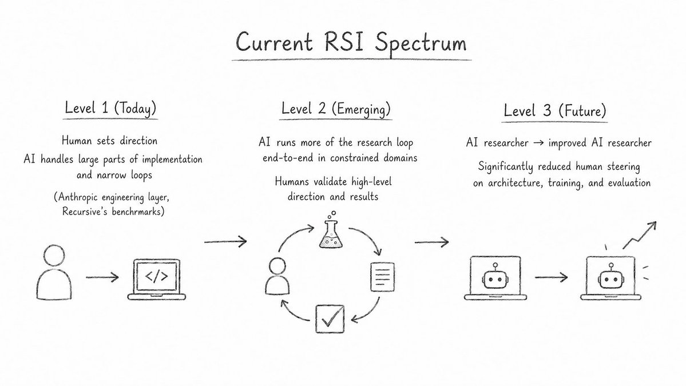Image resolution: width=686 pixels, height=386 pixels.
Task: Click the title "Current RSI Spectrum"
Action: [x=351, y=43]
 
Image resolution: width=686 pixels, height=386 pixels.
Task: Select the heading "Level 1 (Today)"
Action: [x=110, y=108]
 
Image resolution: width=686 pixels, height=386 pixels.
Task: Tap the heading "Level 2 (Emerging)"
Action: [x=336, y=109]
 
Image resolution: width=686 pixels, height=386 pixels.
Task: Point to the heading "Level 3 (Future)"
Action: [x=555, y=110]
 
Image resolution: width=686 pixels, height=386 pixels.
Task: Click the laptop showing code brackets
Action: [x=157, y=279]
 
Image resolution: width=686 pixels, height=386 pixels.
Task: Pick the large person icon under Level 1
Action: [x=54, y=272]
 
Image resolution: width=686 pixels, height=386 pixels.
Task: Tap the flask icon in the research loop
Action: [x=331, y=230]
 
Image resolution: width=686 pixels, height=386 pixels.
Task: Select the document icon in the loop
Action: [x=382, y=277]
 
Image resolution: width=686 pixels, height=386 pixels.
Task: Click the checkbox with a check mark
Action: [x=330, y=319]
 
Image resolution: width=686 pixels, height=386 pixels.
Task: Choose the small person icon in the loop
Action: [x=277, y=276]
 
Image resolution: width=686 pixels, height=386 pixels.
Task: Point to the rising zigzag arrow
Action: [x=640, y=235]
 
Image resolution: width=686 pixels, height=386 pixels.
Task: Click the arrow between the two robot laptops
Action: [x=551, y=277]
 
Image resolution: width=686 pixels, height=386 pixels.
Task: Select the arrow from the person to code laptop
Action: [x=102, y=277]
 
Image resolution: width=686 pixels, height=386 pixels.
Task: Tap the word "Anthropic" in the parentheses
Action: [x=77, y=197]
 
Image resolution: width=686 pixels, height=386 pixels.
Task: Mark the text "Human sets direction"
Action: [x=109, y=141]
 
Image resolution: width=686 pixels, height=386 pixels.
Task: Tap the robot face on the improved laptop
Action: [x=610, y=278]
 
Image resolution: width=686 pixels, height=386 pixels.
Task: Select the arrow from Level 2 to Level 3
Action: [x=431, y=241]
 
